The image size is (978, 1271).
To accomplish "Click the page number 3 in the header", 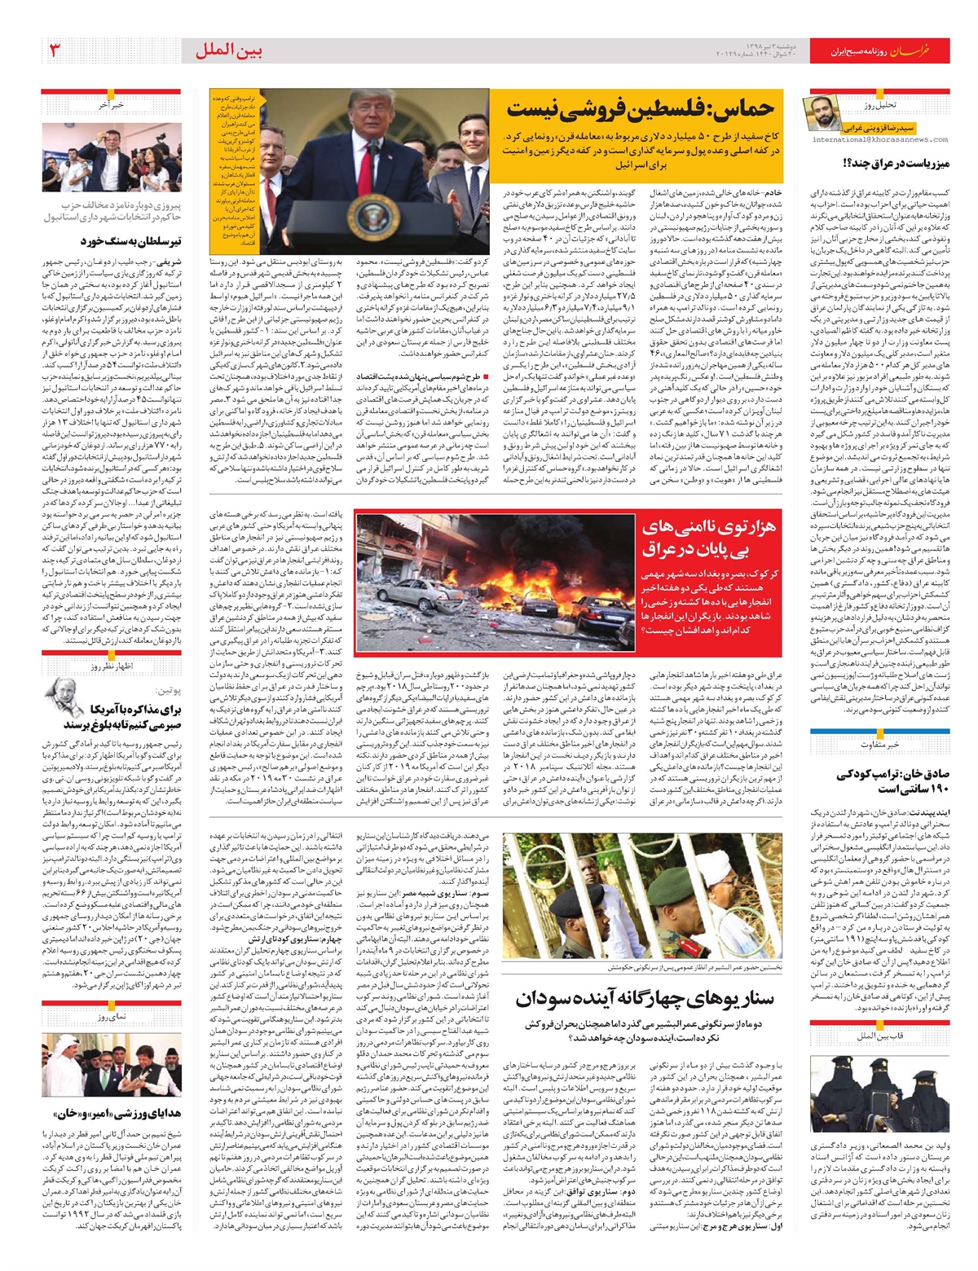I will click(55, 51).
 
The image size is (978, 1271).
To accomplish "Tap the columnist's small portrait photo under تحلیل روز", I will click(822, 115).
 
